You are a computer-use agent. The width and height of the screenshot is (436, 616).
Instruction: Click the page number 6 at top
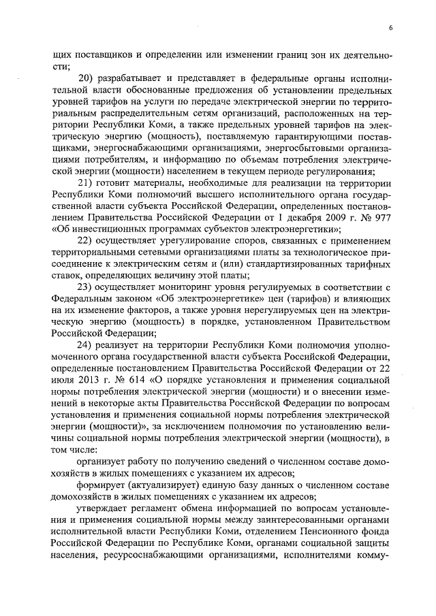[391, 28]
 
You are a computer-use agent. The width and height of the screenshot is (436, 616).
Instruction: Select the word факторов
[135, 311]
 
